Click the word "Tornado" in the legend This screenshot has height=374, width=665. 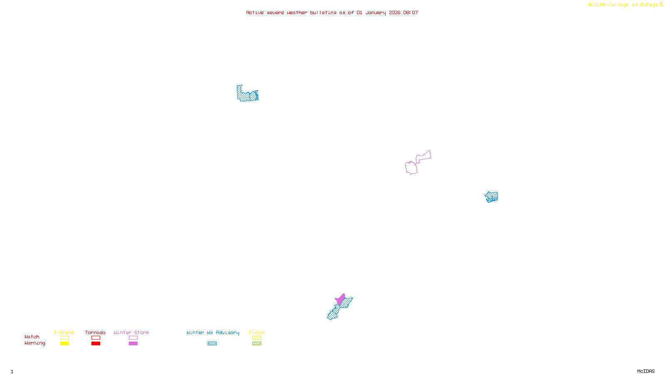pos(95,332)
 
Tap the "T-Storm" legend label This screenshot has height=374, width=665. pos(64,332)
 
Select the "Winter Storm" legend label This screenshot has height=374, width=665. pos(131,332)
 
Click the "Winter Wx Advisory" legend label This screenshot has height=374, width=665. pos(213,332)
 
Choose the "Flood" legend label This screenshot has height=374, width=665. pos(256,332)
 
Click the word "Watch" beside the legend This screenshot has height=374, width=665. pos(32,337)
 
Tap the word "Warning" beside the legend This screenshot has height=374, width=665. pos(35,343)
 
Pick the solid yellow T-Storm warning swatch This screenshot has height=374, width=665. pos(64,344)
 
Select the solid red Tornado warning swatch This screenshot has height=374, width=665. pos(96,344)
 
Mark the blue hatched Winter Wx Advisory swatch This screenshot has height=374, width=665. pos(212,344)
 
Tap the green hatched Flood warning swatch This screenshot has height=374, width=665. pos(256,344)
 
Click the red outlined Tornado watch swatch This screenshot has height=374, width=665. pos(96,338)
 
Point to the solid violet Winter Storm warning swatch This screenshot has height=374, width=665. pos(133,344)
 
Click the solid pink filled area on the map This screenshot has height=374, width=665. pos(341,299)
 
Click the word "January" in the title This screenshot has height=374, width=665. pos(376,12)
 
